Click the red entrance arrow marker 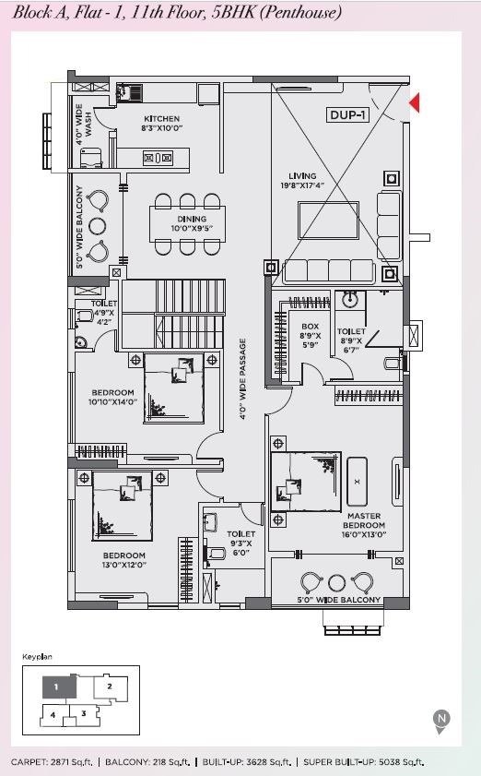click(415, 103)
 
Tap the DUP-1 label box click(348, 115)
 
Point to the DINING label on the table click(192, 219)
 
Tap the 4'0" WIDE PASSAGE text click(242, 379)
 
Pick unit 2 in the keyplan click(111, 687)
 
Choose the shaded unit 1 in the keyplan click(58, 686)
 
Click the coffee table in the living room click(328, 221)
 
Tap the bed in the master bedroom click(306, 482)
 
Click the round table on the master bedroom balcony click(336, 582)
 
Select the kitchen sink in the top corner click(129, 92)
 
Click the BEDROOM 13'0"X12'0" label click(124, 560)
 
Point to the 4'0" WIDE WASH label click(83, 125)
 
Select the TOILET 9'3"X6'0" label click(240, 543)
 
